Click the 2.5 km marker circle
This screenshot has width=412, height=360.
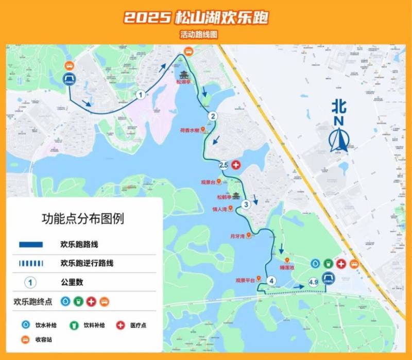(224, 165)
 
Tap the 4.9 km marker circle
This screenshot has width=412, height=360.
(313, 282)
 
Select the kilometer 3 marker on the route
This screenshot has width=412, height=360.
(246, 204)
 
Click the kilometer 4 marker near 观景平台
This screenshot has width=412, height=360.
(271, 281)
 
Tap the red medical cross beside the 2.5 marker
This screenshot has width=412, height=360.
(236, 165)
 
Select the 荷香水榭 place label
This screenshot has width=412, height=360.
(188, 130)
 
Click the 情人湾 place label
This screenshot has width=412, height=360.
(219, 209)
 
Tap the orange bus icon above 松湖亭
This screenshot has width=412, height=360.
(189, 52)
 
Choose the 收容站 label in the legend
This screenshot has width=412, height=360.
(44, 340)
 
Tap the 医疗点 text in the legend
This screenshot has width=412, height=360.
(139, 325)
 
